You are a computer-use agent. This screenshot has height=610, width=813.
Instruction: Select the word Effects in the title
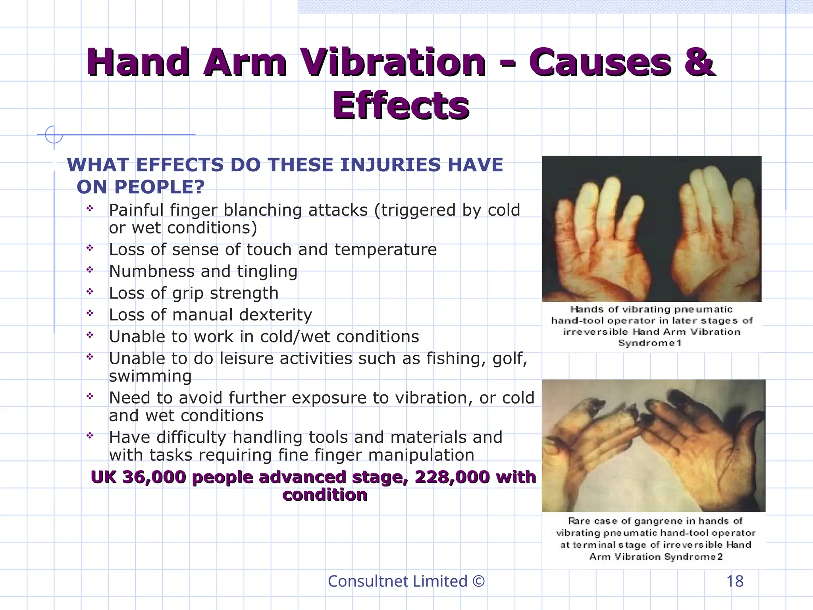point(401,106)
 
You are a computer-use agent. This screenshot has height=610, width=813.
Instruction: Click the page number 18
point(735,581)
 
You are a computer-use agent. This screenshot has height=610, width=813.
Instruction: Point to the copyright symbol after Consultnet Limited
point(479,581)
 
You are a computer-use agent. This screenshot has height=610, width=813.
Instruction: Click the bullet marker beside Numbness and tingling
point(90,270)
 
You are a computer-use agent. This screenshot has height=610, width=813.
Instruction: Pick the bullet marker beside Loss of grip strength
point(90,292)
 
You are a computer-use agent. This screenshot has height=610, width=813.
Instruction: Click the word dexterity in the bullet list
point(275,315)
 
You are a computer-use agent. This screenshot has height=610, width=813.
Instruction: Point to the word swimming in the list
point(150,376)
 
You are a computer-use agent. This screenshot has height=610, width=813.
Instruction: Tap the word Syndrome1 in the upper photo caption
point(650,343)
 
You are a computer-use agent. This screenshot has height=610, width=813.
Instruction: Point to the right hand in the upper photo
point(711,234)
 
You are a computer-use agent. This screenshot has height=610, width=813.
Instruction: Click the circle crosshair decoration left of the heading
point(54,135)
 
